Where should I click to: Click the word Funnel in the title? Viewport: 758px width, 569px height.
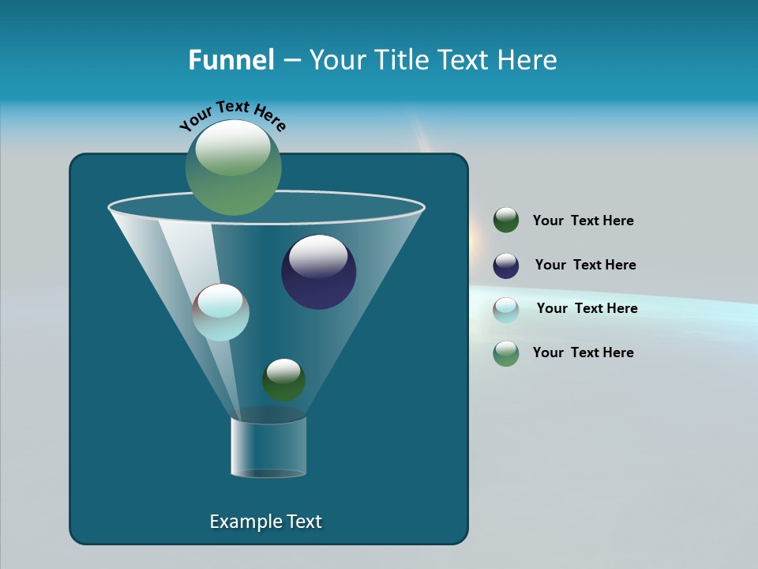click(x=231, y=60)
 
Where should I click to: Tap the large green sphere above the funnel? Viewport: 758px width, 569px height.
click(x=234, y=168)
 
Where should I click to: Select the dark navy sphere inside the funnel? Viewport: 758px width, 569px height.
click(x=319, y=273)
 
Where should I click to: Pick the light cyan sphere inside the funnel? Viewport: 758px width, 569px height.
click(x=221, y=313)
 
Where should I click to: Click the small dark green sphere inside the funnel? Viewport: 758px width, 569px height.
click(x=283, y=380)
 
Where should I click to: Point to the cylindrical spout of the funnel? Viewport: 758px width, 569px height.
click(x=268, y=447)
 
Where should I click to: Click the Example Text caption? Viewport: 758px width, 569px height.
click(x=265, y=522)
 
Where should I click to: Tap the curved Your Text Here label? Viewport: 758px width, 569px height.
click(x=233, y=115)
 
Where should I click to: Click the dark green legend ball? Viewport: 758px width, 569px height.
click(x=506, y=220)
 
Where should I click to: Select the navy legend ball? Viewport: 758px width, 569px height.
click(x=506, y=266)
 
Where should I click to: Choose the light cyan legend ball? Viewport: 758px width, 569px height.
click(x=506, y=310)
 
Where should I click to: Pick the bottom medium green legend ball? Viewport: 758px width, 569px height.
click(x=506, y=353)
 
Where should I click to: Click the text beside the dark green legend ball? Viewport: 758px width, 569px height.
click(x=583, y=221)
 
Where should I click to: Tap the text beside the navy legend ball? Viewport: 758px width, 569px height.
click(x=585, y=266)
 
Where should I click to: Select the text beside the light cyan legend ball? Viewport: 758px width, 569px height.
click(x=587, y=309)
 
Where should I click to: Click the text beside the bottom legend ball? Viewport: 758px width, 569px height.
click(x=583, y=353)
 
